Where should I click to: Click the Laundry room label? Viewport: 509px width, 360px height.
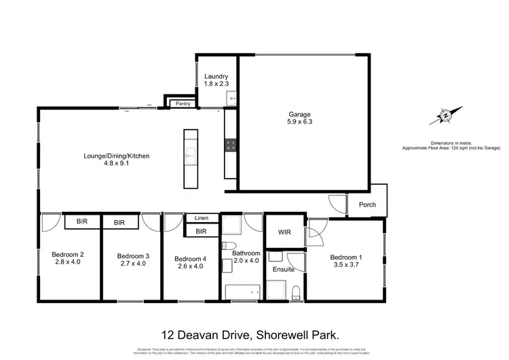(216, 80)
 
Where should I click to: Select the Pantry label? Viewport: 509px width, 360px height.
(183, 104)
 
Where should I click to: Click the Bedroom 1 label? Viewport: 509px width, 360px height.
(347, 261)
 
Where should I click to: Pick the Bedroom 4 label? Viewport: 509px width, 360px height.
(189, 262)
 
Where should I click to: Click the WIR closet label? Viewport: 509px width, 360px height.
(284, 232)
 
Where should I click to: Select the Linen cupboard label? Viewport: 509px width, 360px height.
(201, 218)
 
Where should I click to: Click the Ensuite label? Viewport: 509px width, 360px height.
(283, 270)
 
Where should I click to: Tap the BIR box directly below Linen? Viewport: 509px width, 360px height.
(201, 232)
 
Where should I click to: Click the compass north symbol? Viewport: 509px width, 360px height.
(445, 117)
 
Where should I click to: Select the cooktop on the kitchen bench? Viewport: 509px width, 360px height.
(230, 145)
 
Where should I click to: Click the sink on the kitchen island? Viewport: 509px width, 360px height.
(189, 155)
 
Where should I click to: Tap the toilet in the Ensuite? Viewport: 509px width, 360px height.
(296, 292)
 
